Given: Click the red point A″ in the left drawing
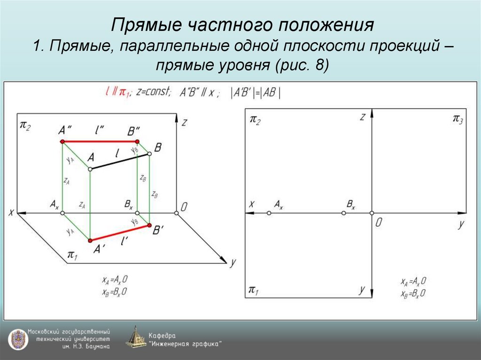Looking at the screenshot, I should pos(62,141).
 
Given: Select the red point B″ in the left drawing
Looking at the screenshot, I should pos(137,141).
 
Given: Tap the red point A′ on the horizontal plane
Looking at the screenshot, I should pos(90,240).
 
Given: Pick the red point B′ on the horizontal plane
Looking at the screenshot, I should pos(149,226).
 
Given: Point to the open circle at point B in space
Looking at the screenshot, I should pos(149,153).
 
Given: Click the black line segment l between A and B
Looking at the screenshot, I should pos(120,161).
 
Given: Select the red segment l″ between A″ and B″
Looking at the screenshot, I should pos(100,141).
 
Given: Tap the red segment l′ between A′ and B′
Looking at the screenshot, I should pos(120,233).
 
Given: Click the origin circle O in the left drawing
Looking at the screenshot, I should pos(177,213).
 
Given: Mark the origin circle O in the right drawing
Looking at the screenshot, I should pos(372,213).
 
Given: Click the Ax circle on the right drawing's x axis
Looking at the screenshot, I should pos(269,213).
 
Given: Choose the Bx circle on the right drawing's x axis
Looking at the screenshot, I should pos(343,213).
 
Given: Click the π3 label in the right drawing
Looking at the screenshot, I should pos(458,119).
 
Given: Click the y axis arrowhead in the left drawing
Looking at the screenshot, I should pos(222,260).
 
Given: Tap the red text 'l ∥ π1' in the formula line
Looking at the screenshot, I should pos(117,92).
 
